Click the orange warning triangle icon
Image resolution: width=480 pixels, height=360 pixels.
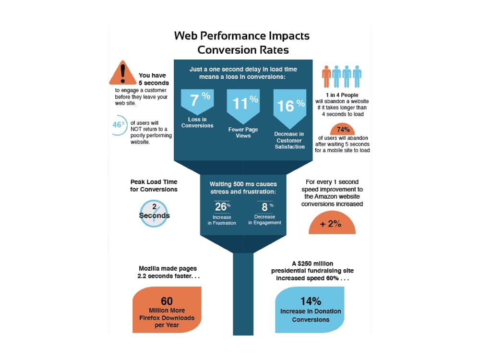123,73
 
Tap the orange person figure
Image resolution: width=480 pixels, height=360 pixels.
326,76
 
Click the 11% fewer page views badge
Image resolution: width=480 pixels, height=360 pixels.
243,106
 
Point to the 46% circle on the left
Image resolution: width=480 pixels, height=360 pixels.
119,125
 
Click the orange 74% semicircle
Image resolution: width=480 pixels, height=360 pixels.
343,130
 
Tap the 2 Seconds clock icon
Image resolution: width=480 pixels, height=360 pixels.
154,214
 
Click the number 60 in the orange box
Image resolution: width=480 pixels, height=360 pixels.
167,301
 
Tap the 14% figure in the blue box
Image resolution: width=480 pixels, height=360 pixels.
311,301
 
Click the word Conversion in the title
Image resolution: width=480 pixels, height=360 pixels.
227,49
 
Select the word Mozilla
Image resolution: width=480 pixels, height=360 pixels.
149,268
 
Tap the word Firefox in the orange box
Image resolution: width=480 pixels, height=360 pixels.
150,318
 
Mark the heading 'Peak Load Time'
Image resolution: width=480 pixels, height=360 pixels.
154,182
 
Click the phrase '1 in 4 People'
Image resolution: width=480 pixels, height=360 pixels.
342,95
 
